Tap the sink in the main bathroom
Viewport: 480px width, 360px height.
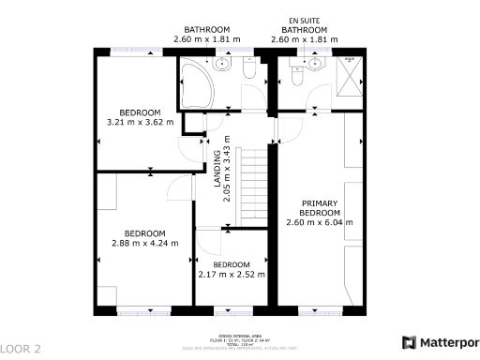coord(223,66)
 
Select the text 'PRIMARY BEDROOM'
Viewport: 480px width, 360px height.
coord(319,208)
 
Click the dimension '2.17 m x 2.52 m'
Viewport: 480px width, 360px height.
coord(232,275)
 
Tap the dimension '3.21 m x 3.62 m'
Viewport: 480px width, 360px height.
coord(141,122)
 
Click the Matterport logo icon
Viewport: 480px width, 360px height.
coord(409,343)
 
